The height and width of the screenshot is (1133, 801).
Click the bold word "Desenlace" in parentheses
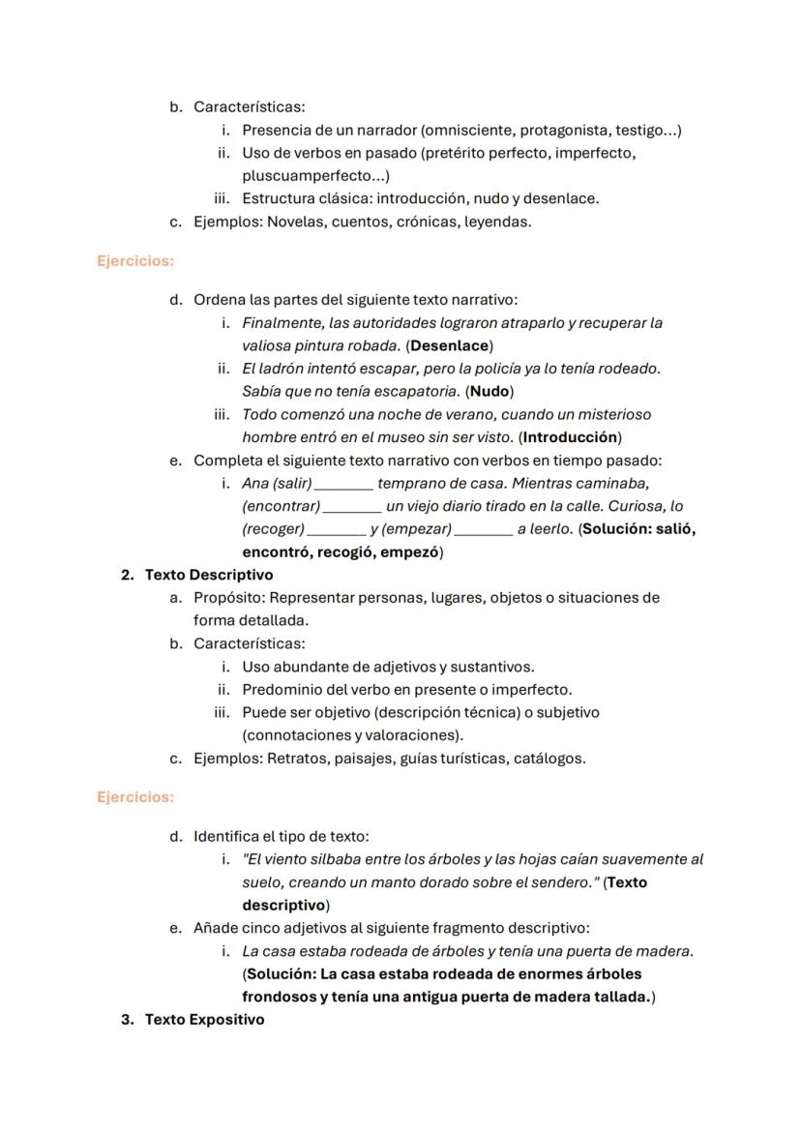pyautogui.click(x=449, y=345)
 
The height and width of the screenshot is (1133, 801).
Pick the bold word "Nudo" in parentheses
pyautogui.click(x=489, y=392)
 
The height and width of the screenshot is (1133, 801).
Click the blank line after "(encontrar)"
pyautogui.click(x=352, y=507)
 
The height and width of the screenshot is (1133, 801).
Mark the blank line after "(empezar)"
pyautogui.click(x=484, y=530)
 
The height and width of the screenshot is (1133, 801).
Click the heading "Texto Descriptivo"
pyautogui.click(x=209, y=575)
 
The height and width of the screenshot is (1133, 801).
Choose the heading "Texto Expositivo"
pyautogui.click(x=204, y=1020)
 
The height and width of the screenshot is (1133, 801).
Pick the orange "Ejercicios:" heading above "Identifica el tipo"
pyautogui.click(x=135, y=797)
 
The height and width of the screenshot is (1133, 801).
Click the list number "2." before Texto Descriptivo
pyautogui.click(x=128, y=575)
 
